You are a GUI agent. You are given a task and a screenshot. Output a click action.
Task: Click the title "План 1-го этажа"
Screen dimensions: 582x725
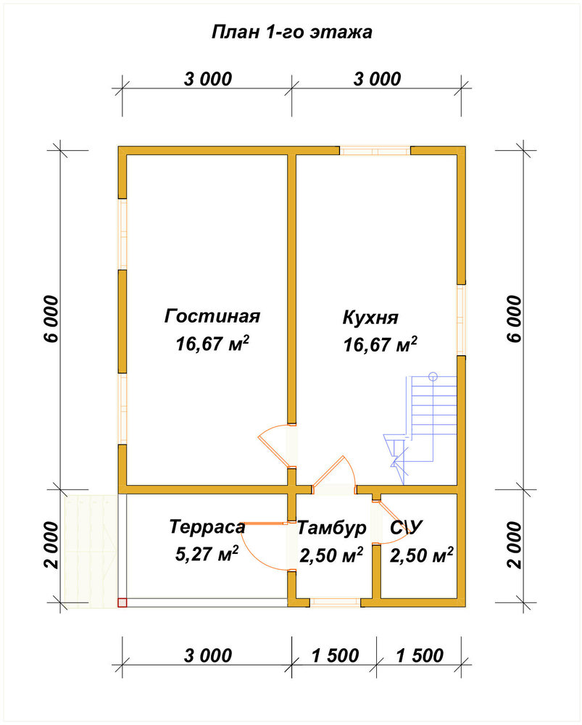[x=291, y=33]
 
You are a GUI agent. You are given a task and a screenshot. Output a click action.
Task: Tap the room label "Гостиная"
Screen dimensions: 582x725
[x=212, y=316]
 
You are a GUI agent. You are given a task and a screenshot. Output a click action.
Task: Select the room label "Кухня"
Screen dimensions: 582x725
[x=370, y=318]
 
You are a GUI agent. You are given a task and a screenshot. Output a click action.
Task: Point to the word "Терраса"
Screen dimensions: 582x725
[x=207, y=526]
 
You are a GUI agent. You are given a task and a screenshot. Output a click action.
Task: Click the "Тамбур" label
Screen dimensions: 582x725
[x=331, y=528]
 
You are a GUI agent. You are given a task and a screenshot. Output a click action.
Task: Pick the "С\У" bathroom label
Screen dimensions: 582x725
[x=407, y=528]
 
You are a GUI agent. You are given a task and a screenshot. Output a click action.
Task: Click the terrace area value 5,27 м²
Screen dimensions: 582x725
[x=207, y=554]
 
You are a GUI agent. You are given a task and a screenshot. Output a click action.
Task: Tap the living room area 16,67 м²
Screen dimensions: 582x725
[x=212, y=344]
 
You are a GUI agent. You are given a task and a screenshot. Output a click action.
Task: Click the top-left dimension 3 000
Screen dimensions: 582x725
[x=207, y=79]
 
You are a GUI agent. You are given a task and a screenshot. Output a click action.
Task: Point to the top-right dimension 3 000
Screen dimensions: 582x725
[x=377, y=79]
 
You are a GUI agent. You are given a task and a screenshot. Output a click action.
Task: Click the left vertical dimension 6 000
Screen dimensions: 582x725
[x=51, y=319]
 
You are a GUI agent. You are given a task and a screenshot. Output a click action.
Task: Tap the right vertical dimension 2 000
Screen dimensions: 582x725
[x=515, y=545]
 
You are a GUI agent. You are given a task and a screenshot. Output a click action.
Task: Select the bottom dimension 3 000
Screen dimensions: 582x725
[x=207, y=655]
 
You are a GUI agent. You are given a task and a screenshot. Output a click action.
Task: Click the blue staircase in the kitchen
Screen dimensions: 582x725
[x=420, y=428]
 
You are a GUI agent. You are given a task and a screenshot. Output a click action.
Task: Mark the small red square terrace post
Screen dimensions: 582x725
[x=122, y=602]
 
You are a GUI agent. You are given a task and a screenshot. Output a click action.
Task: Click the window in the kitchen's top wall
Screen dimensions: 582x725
[x=375, y=151]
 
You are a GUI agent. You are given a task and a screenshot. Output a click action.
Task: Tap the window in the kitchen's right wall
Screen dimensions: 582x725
[x=462, y=320]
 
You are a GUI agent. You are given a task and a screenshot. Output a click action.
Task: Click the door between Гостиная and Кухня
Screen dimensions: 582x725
[x=276, y=446]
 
